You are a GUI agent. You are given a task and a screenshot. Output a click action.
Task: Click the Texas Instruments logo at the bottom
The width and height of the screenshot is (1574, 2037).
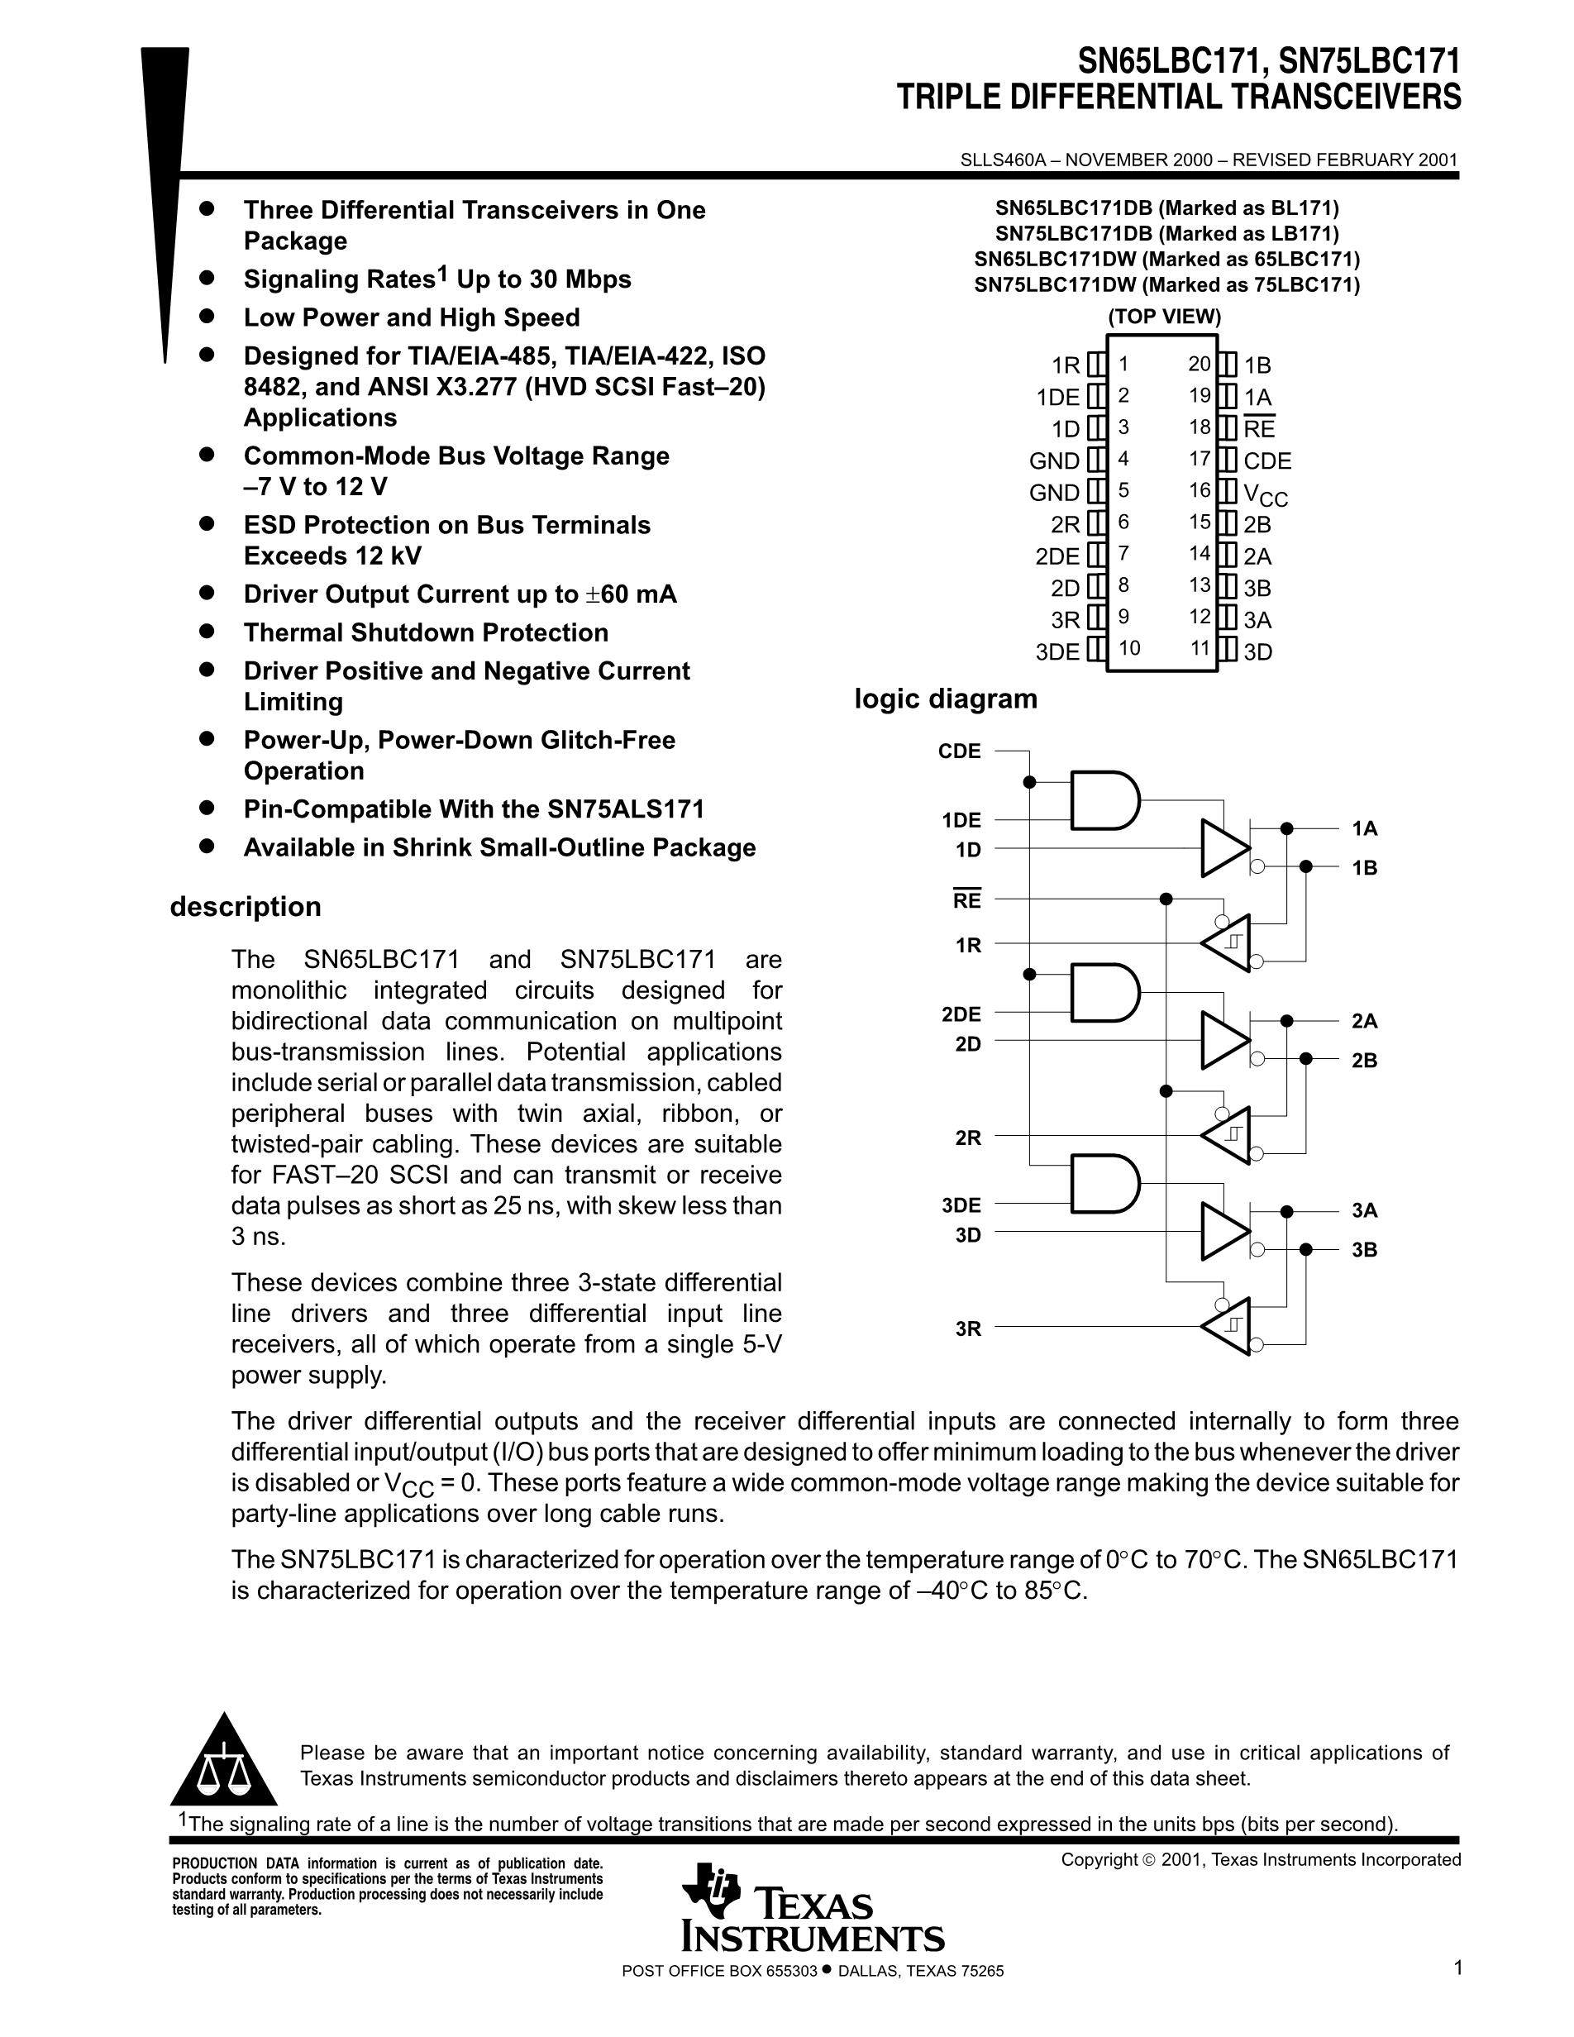pos(811,1919)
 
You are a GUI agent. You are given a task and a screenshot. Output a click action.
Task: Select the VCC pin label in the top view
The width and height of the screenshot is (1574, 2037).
pos(1266,494)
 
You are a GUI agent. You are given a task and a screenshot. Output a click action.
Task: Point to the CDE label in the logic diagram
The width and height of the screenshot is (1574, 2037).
pos(960,751)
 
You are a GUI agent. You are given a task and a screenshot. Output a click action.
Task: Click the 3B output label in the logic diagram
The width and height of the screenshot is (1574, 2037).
pos(1364,1250)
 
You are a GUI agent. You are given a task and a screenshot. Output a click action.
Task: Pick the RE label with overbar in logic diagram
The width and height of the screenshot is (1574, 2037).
pos(967,901)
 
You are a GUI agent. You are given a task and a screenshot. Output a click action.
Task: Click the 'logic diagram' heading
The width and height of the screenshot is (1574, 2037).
pos(946,699)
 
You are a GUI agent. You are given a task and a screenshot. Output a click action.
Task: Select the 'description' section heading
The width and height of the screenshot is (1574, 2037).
pos(246,907)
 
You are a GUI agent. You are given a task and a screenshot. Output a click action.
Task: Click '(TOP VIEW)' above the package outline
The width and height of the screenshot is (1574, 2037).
pos(1164,316)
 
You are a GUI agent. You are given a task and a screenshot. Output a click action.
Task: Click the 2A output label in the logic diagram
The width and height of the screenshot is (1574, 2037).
pos(1364,1021)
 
